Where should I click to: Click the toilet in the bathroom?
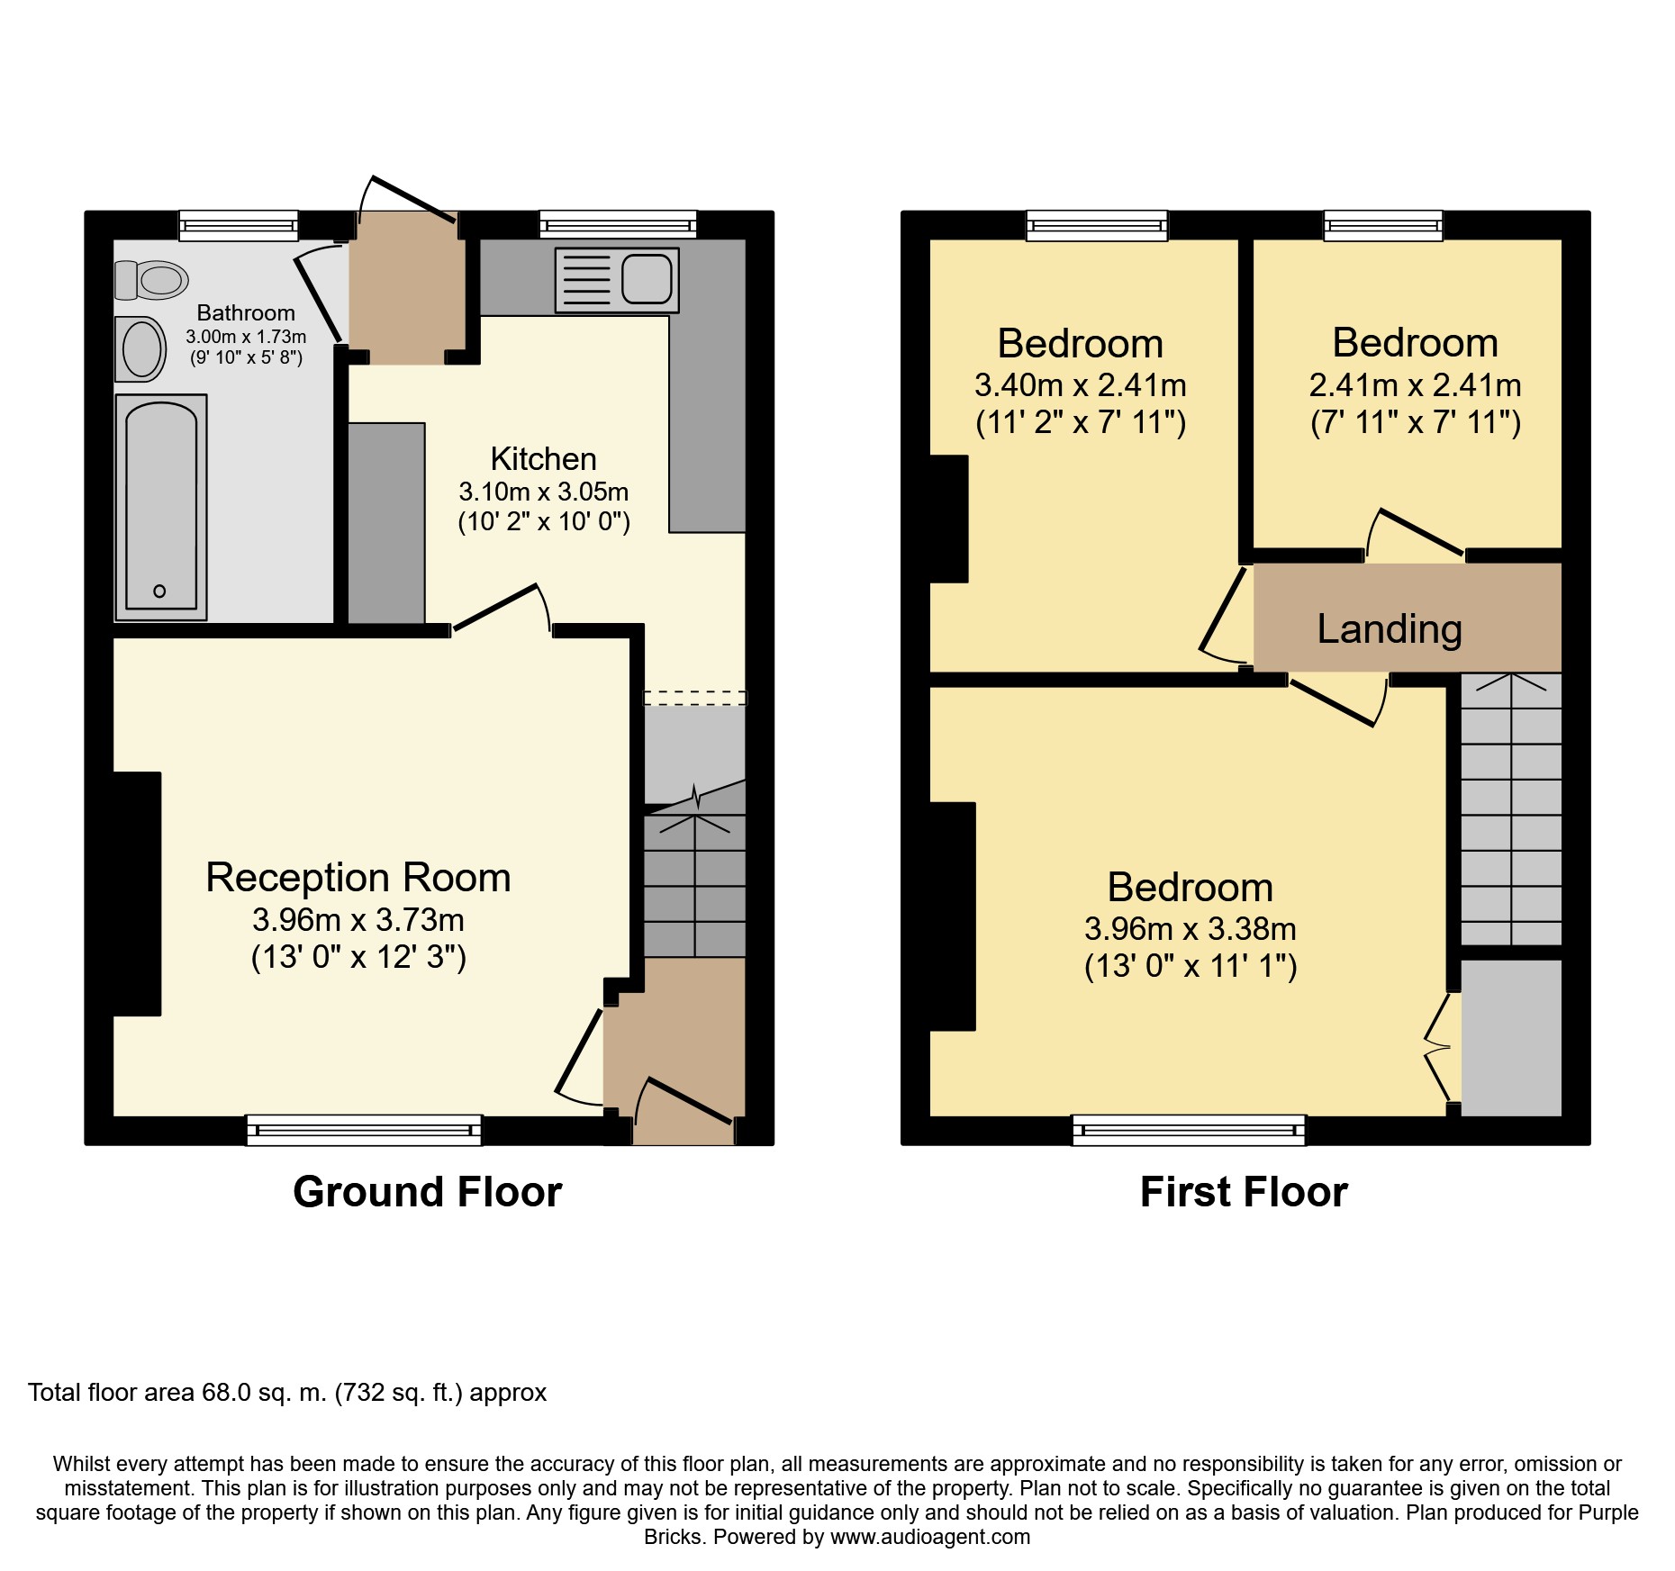click(x=151, y=280)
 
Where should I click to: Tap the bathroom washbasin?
click(x=141, y=348)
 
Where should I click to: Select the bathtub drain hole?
click(x=159, y=591)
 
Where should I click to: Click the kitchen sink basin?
click(x=647, y=279)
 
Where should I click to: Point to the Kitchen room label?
click(x=543, y=459)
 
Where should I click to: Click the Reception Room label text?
click(x=358, y=878)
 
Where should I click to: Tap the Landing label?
click(x=1390, y=629)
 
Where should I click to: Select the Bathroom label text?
click(x=246, y=313)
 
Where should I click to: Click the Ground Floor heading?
click(x=428, y=1192)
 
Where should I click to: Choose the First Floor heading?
click(x=1244, y=1192)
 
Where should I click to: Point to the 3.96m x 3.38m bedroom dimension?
click(x=1191, y=929)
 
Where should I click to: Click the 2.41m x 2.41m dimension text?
click(x=1415, y=385)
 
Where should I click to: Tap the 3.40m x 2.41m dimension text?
click(x=1081, y=385)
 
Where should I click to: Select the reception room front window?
click(x=364, y=1130)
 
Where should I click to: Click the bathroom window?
click(x=239, y=225)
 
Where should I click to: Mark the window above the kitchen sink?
click(x=619, y=225)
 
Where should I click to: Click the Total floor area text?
click(x=287, y=1393)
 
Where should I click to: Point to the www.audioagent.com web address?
click(x=930, y=1537)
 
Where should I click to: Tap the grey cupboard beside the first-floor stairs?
click(x=1511, y=1038)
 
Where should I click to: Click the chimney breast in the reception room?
click(x=137, y=894)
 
